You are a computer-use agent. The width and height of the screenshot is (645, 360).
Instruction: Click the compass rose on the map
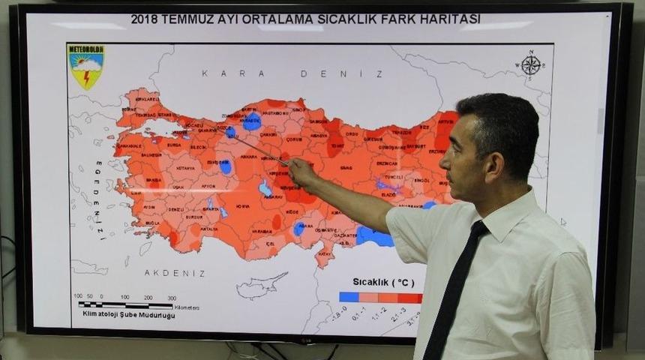pyautogui.click(x=531, y=65)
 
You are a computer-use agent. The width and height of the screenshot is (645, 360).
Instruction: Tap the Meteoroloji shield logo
pyautogui.click(x=86, y=66)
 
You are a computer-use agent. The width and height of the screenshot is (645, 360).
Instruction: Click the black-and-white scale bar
pyautogui.click(x=125, y=306)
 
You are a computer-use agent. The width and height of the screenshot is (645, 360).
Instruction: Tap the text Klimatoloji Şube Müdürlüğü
pyautogui.click(x=129, y=316)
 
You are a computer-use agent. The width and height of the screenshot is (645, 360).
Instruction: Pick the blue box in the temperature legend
pyautogui.click(x=348, y=298)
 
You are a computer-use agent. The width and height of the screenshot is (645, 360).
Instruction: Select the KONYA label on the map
pyautogui.click(x=243, y=205)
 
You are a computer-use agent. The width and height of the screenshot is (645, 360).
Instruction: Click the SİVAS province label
pyautogui.click(x=346, y=168)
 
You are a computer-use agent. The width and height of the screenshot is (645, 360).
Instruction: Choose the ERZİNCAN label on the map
pyautogui.click(x=387, y=163)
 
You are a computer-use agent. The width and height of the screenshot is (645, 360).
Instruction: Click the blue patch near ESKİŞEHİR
pyautogui.click(x=225, y=166)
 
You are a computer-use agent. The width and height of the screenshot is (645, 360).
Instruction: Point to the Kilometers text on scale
pyautogui.click(x=186, y=307)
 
